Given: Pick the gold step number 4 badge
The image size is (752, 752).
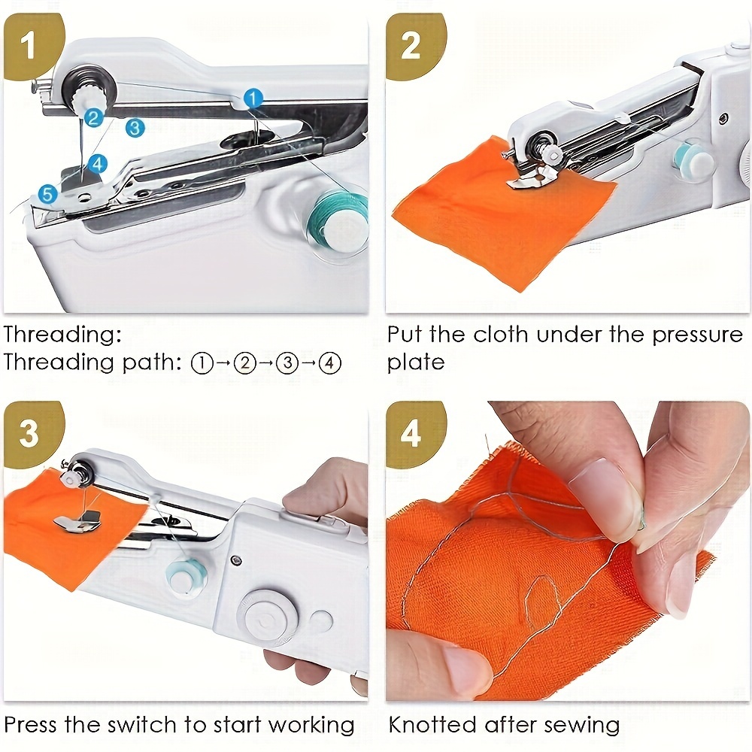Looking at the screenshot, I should (411, 434).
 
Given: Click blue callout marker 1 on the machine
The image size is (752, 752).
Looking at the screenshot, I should (253, 98).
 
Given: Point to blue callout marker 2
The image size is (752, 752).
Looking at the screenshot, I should (93, 117).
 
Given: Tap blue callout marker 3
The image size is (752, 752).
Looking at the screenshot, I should (135, 127).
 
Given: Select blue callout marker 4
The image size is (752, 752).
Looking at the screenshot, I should (97, 163).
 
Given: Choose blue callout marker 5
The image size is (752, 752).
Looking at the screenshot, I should (47, 195).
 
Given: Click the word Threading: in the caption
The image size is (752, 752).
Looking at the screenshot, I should (62, 334).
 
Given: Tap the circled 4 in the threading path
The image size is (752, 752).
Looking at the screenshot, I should (330, 363).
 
